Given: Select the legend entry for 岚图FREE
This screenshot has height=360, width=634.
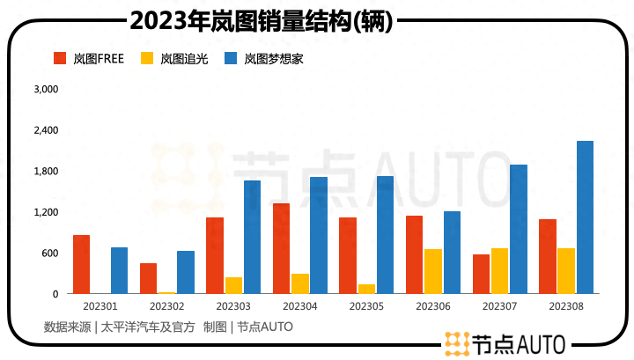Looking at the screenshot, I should (90, 59).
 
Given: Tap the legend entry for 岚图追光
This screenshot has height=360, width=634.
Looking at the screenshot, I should (174, 59).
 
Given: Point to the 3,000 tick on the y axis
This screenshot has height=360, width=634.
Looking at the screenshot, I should (45, 89).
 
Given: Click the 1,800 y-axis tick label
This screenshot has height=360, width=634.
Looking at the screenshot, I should (45, 171).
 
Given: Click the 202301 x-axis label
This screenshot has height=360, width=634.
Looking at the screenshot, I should (100, 306).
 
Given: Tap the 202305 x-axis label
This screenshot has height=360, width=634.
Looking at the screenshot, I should (366, 306).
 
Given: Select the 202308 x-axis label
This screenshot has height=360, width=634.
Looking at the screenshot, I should (566, 306).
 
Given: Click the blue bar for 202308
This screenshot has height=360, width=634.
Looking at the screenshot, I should (585, 217).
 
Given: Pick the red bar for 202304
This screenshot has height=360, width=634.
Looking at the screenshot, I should (281, 248).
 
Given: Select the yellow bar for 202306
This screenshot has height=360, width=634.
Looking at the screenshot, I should (433, 271).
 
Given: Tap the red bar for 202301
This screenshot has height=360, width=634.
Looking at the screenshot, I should (81, 264).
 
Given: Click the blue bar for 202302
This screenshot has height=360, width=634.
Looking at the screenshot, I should (186, 272).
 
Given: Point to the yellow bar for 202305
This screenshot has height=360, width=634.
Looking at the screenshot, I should (366, 289).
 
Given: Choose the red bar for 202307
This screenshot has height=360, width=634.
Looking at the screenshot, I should (481, 274).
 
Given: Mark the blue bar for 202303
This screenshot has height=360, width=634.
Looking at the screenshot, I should (253, 237).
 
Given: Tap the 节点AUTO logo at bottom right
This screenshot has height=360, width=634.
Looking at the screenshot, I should (505, 343).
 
